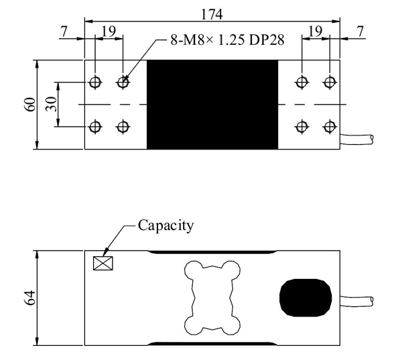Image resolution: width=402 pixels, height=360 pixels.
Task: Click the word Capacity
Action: coord(165,225)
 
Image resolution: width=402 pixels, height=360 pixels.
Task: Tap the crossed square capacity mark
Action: coord(103,262)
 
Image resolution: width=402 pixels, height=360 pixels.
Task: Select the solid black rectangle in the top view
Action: coord(212,105)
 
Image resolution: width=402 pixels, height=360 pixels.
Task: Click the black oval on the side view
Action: coord(306,298)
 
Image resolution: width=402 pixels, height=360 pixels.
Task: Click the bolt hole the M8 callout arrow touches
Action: coord(123,82)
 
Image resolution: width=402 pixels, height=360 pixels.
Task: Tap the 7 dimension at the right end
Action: coord(360,31)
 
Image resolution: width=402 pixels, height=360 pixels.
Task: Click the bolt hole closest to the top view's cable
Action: coord(328,127)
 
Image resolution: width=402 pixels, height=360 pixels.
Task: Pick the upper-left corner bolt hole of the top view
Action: coord(95,82)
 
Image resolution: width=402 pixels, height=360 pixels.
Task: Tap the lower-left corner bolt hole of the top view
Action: coord(95,127)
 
